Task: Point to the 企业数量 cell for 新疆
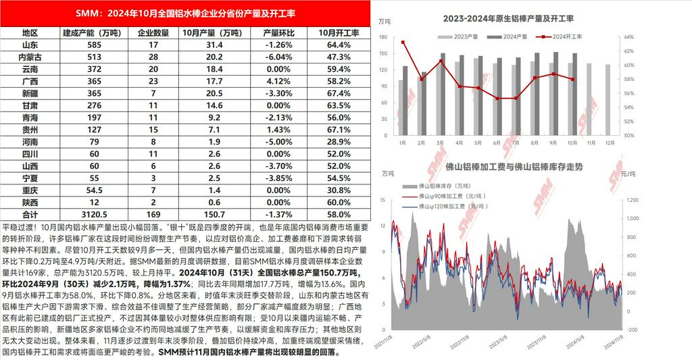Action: [x=153, y=93]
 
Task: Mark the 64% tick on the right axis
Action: [x=627, y=37]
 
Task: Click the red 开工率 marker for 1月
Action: [x=403, y=43]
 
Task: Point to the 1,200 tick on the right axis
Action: [x=629, y=200]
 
